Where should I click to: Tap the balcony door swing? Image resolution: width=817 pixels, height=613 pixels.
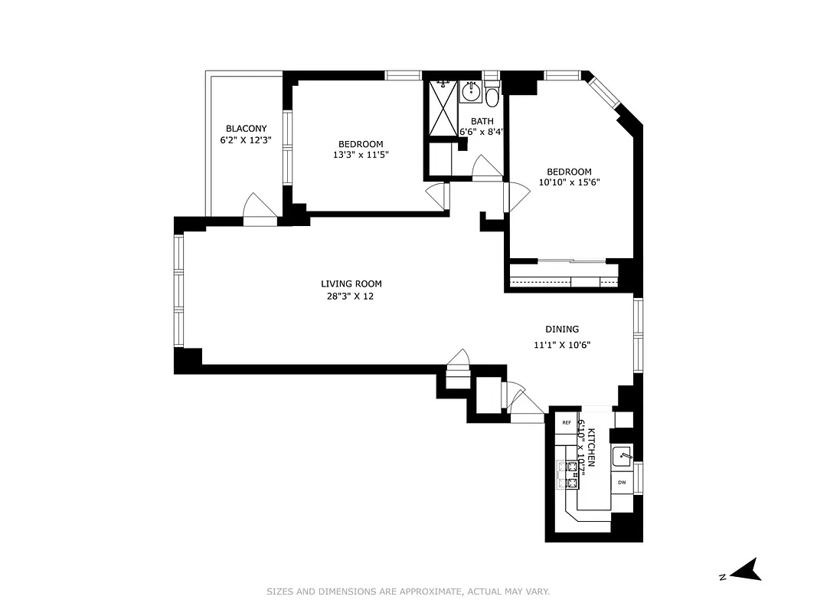coord(258,208)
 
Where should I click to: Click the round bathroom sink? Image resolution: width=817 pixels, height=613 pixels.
coord(469,93)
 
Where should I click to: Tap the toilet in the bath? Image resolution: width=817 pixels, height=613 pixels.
coord(492,97)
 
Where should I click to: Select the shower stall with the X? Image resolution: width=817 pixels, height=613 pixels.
coord(441,108)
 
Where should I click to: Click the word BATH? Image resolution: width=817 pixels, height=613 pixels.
coord(482,121)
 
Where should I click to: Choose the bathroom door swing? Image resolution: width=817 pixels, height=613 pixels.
coord(485,169)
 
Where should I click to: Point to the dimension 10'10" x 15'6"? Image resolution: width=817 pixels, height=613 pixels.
coord(568,184)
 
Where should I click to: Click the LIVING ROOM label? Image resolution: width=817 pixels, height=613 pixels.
coord(351,284)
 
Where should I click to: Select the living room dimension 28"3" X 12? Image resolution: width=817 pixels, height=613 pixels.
coord(351,297)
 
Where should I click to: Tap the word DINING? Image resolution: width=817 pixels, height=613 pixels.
coord(562,329)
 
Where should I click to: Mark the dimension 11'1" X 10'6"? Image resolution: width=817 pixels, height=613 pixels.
coord(562,345)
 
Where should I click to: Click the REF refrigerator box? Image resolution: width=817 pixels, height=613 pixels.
coord(567,423)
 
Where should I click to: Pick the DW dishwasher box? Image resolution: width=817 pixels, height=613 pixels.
coord(622,483)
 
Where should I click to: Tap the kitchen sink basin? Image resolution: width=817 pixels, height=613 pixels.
coord(621,456)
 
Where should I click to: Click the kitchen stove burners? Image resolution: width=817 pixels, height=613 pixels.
coord(570,474)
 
